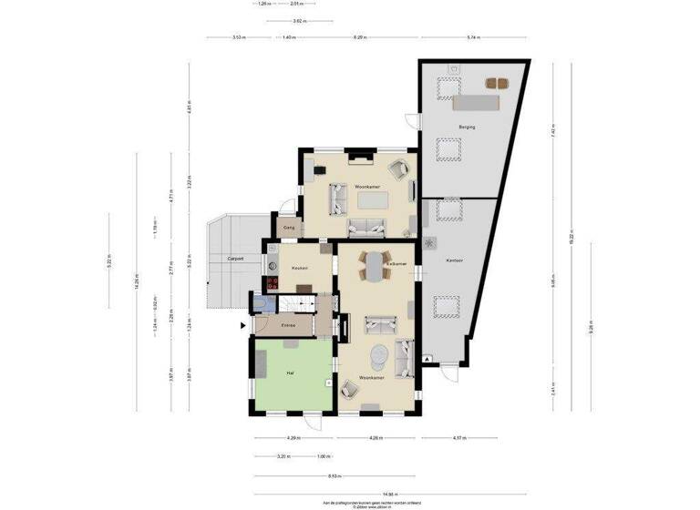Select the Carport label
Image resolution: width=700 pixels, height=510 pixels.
(x=234, y=260)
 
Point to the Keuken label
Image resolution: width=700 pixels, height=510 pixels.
(x=299, y=268)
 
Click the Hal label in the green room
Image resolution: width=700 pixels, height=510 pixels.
(x=289, y=372)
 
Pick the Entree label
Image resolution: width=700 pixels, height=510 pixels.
(x=288, y=325)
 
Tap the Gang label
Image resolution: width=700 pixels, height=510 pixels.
(x=288, y=228)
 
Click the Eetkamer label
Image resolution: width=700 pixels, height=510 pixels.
(x=396, y=263)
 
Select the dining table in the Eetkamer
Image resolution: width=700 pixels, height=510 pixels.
(x=376, y=265)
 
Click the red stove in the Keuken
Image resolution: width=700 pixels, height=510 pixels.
(x=272, y=283)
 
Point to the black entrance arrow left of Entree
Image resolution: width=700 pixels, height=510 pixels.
(x=242, y=325)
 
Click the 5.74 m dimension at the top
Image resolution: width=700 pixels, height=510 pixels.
(x=472, y=37)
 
